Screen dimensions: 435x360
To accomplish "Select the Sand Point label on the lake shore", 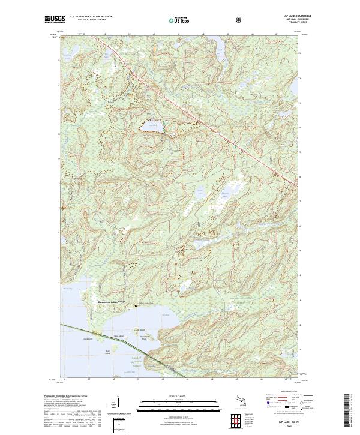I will pyautogui.click(x=79, y=338).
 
